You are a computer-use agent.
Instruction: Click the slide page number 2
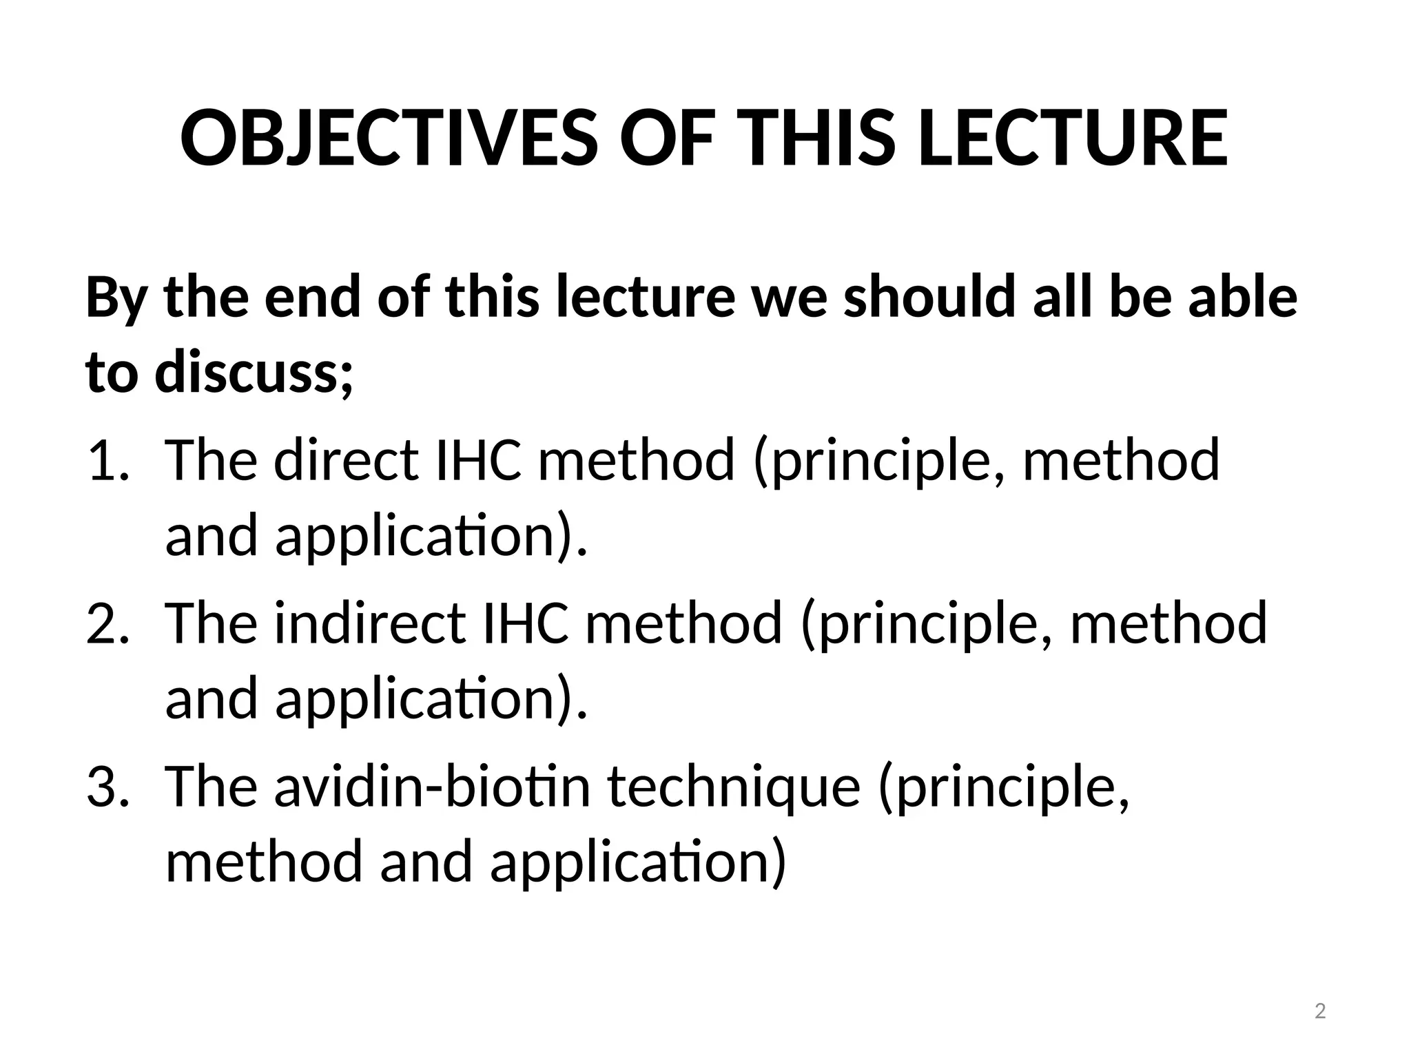pos(1320,1012)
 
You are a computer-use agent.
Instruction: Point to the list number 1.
pos(107,461)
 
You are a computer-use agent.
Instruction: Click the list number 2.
pos(107,623)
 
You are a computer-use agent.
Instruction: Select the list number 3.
pos(107,787)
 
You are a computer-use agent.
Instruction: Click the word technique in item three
pos(734,787)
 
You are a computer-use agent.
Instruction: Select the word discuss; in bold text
pos(254,373)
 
